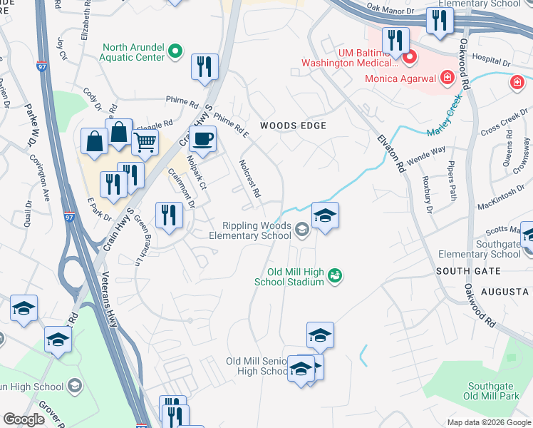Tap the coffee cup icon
[202, 139]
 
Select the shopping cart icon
[145, 142]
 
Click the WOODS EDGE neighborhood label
[293, 126]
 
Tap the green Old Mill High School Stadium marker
[335, 275]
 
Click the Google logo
[23, 419]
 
